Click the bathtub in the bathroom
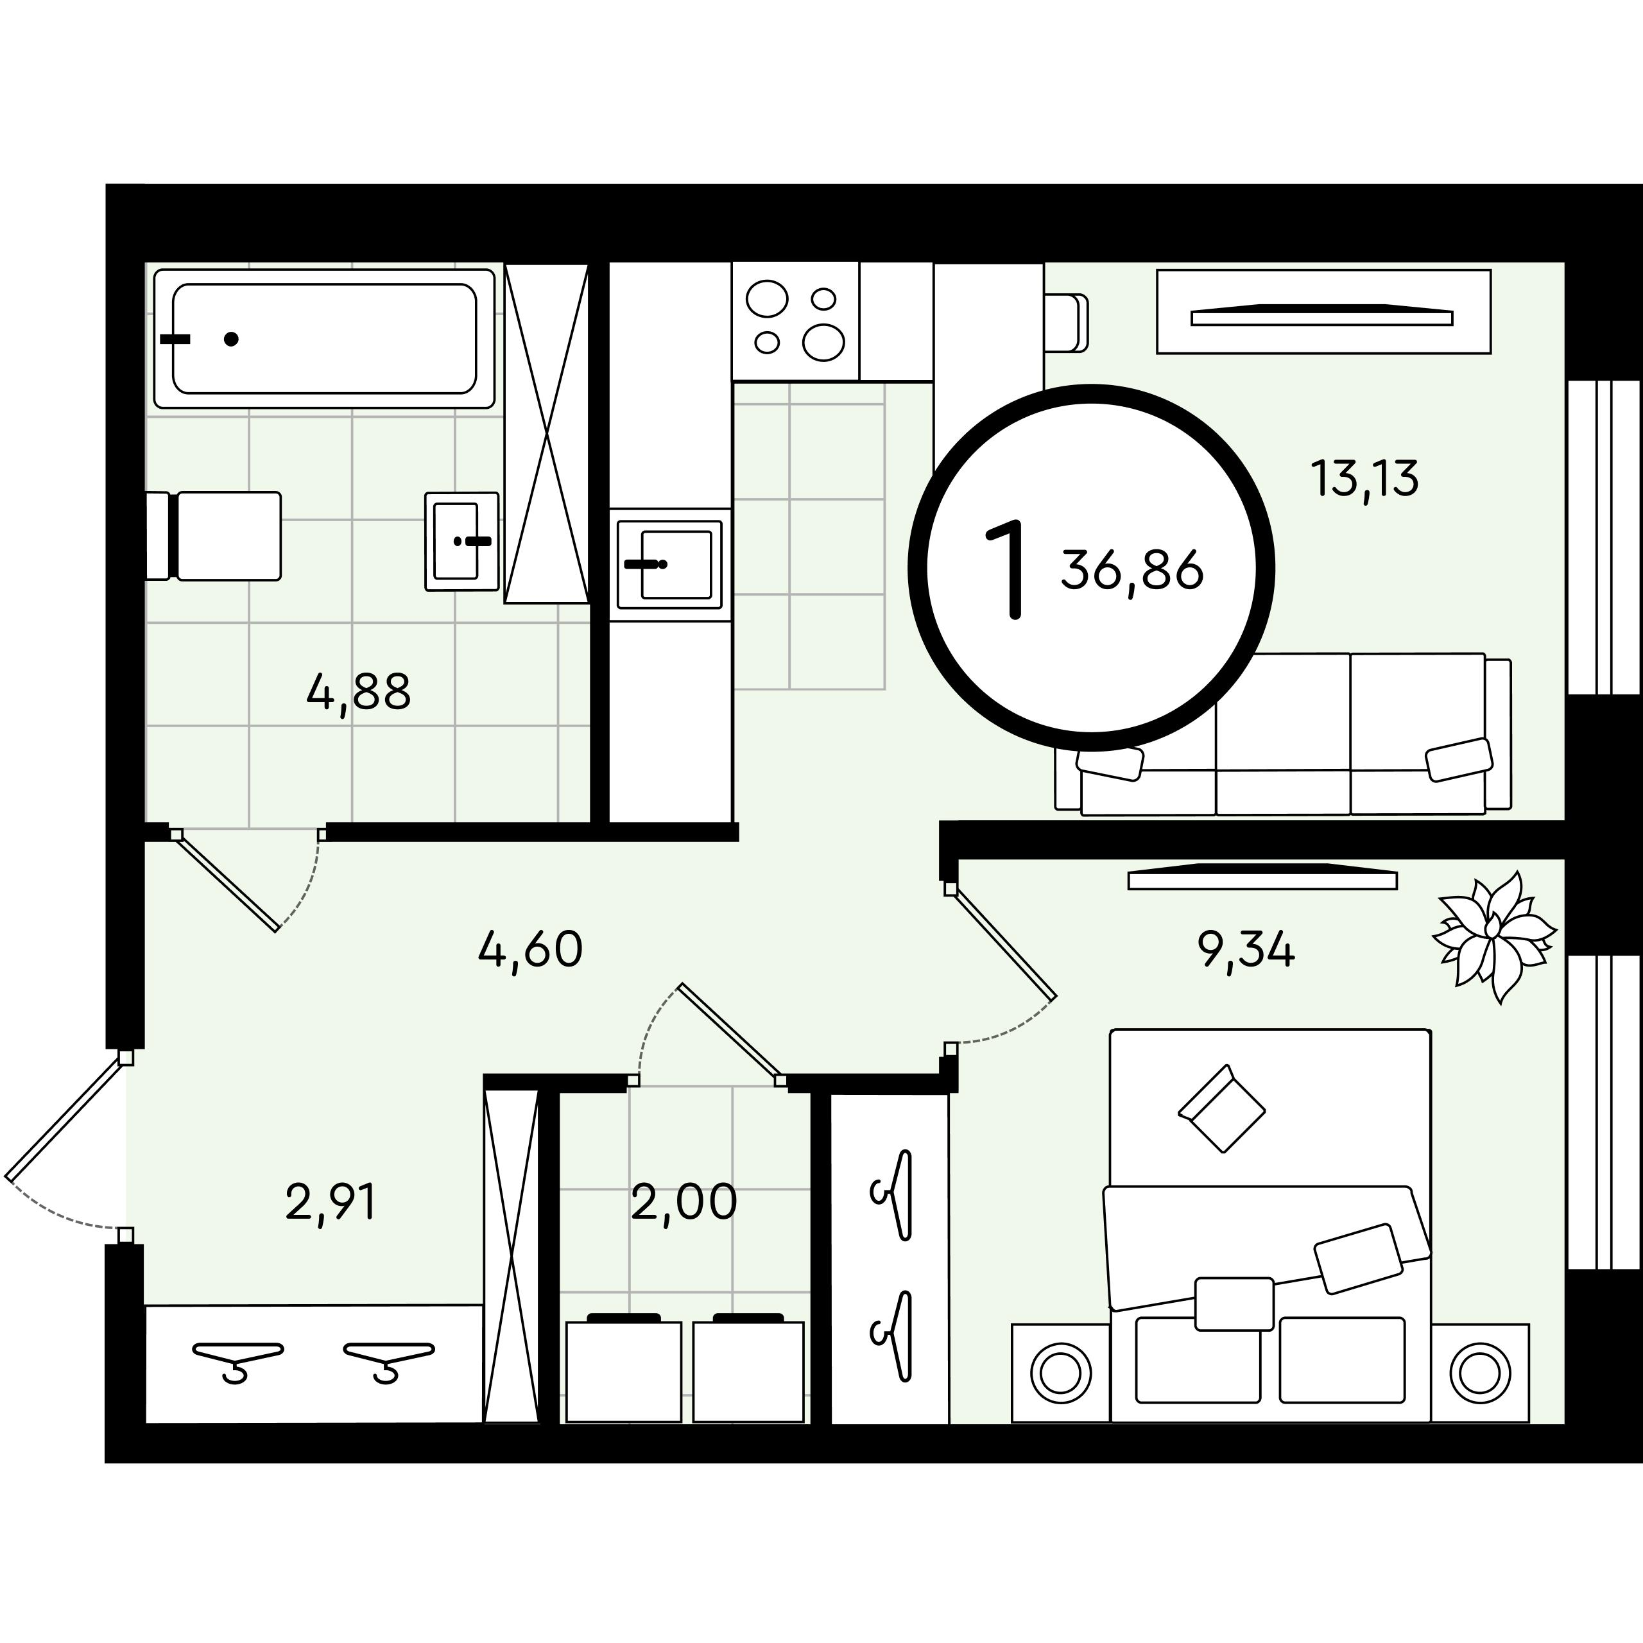[x=324, y=338]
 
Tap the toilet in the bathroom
[x=214, y=536]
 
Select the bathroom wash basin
[x=462, y=541]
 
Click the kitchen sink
[x=670, y=564]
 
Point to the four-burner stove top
[x=796, y=322]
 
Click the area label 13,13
[x=1365, y=479]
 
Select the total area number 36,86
[x=1132, y=571]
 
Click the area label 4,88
[x=359, y=692]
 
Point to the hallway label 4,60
[x=531, y=949]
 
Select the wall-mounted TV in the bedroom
[x=1262, y=877]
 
